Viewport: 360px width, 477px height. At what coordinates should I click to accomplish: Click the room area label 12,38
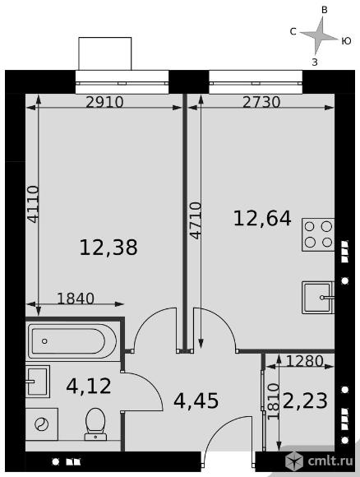click(108, 248)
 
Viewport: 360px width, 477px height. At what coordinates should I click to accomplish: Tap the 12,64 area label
click(262, 219)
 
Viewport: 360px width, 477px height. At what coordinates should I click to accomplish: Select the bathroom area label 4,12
click(89, 386)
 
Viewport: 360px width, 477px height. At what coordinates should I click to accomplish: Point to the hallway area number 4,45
click(196, 401)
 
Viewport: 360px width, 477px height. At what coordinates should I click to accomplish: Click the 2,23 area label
click(305, 401)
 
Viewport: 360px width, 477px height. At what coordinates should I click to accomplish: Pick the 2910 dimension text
click(104, 102)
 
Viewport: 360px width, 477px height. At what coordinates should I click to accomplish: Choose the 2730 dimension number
click(261, 102)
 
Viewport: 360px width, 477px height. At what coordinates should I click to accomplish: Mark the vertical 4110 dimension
click(33, 204)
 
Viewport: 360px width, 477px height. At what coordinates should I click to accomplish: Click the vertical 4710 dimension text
click(195, 220)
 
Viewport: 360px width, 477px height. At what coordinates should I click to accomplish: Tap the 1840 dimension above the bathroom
click(76, 299)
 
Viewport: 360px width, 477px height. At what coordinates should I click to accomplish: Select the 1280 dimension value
click(305, 361)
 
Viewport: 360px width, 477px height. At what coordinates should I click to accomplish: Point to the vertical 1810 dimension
click(273, 402)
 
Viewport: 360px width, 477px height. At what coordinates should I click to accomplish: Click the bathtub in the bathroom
click(72, 341)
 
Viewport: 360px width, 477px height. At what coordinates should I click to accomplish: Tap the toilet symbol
click(95, 424)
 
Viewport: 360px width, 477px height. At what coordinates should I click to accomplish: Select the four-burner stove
click(318, 234)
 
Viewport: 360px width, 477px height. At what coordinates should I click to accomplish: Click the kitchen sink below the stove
click(318, 298)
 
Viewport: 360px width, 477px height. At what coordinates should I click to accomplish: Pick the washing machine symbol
click(42, 424)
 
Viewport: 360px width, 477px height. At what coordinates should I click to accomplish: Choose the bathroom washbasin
click(38, 382)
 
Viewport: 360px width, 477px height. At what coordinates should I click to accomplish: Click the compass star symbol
click(319, 36)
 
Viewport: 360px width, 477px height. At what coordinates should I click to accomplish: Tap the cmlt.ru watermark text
click(330, 461)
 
